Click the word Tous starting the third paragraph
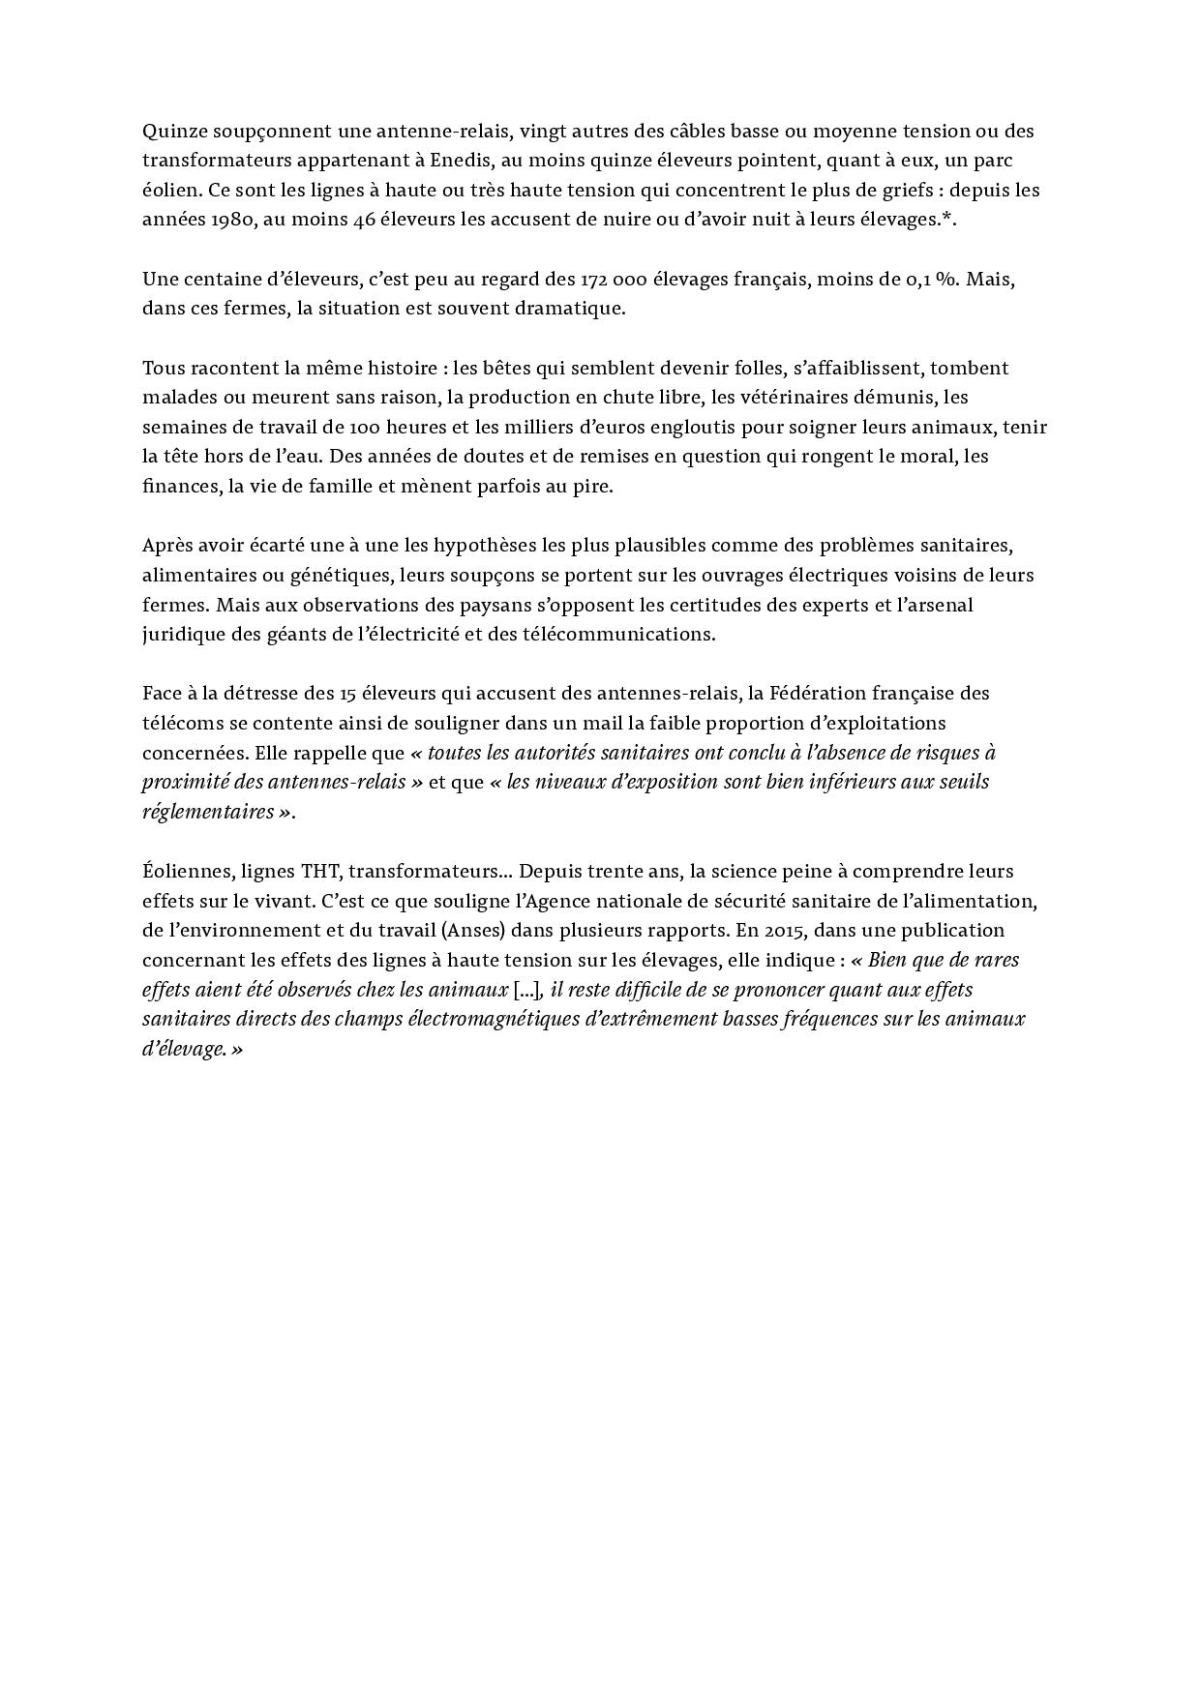(x=162, y=368)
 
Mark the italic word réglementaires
(x=208, y=812)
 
